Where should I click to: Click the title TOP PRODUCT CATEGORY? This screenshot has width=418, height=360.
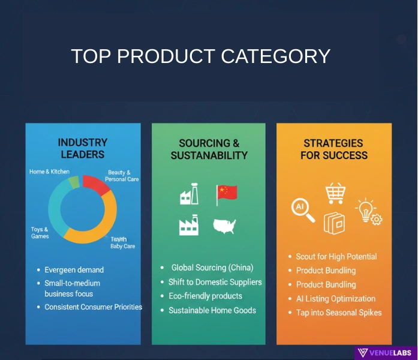(201, 56)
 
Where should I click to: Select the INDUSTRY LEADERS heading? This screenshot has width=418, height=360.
(83, 148)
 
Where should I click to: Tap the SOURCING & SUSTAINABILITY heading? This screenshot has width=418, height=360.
(209, 149)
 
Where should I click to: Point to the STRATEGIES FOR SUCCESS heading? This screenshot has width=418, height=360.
(333, 149)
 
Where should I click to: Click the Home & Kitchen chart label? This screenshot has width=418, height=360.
(49, 172)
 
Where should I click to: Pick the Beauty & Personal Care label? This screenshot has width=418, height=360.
(122, 176)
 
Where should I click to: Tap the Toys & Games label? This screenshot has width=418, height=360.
(40, 233)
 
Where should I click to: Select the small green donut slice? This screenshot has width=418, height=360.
(74, 182)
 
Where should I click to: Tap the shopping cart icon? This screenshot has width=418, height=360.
(335, 193)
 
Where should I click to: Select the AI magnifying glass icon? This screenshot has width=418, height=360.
(302, 209)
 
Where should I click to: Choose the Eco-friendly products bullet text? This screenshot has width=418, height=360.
(205, 296)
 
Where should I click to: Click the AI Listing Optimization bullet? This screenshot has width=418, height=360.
(335, 299)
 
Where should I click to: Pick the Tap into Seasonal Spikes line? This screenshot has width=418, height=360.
(339, 313)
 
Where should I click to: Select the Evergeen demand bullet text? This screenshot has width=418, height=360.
(74, 270)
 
